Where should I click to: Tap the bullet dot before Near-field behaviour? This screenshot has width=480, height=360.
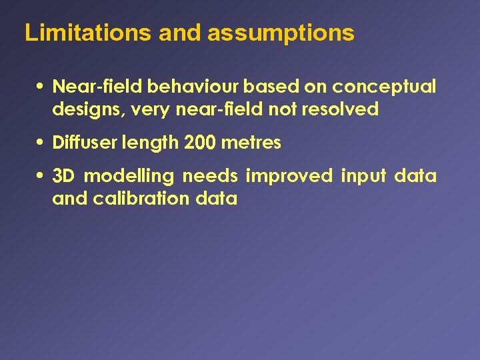(x=41, y=87)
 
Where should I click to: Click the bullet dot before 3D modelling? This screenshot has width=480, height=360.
(x=41, y=177)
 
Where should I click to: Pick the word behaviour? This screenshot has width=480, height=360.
(x=194, y=87)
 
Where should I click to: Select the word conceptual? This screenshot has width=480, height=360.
(x=384, y=87)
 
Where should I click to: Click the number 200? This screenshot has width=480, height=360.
(x=199, y=143)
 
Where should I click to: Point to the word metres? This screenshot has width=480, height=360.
(x=251, y=143)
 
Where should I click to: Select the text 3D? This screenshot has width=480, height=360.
(x=63, y=176)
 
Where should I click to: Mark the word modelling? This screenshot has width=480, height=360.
(x=129, y=177)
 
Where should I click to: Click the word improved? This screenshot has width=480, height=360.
(x=289, y=176)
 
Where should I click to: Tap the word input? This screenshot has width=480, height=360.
(x=363, y=177)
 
